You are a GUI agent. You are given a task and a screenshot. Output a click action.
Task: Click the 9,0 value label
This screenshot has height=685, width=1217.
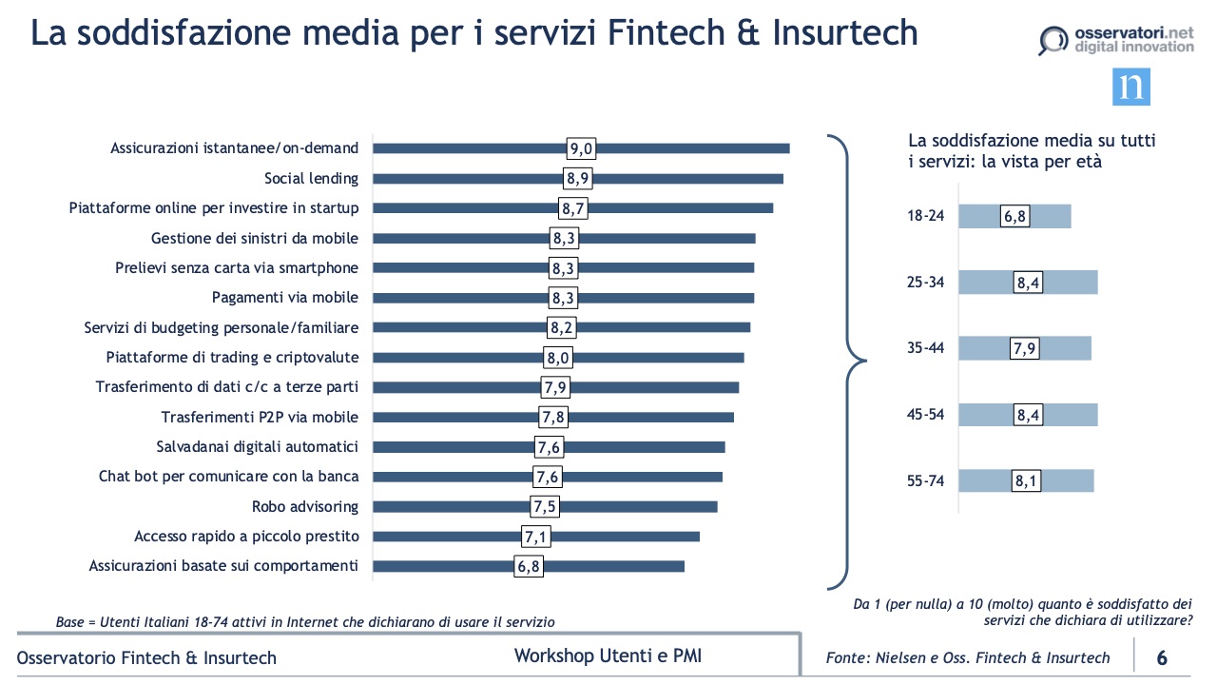581,148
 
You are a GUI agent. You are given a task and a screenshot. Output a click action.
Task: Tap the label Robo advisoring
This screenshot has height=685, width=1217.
305,506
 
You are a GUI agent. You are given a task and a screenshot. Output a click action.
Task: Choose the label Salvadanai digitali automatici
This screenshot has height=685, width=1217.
257,446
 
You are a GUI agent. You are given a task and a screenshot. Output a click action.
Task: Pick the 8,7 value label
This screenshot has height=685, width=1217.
572,208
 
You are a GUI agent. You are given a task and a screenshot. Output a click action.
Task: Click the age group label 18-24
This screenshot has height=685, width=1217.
925,216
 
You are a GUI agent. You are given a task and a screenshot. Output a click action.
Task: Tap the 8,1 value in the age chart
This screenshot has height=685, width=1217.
1026,480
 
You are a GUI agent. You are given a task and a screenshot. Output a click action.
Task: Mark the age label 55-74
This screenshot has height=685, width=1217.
925,480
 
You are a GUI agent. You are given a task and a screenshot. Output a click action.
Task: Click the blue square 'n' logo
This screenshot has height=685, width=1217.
1131,87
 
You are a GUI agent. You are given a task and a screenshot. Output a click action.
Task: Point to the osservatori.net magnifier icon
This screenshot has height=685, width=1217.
1052,41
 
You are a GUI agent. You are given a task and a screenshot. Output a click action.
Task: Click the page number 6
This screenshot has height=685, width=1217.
1162,657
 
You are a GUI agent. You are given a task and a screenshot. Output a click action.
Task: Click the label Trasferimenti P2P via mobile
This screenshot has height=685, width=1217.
260,417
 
